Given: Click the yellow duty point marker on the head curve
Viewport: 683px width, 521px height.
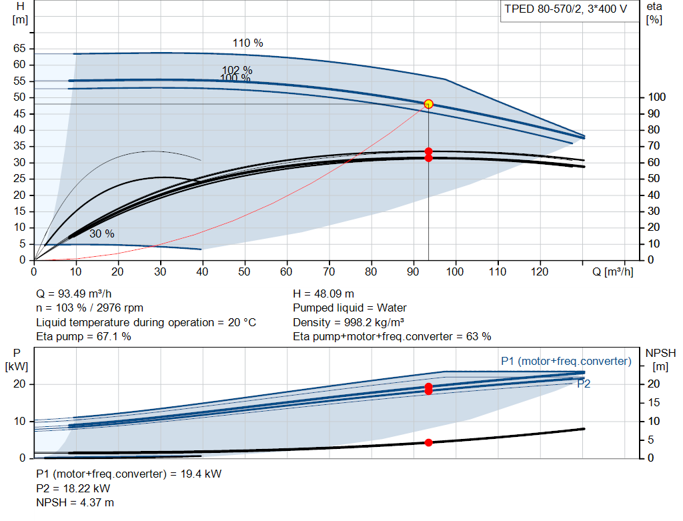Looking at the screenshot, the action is (x=429, y=104).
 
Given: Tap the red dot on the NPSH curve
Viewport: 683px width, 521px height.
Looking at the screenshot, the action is (x=429, y=442).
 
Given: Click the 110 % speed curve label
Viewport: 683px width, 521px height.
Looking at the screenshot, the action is (x=248, y=43).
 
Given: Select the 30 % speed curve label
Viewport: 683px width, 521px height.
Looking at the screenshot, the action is (x=102, y=234).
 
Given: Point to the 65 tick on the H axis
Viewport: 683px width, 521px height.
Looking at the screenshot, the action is (x=19, y=48).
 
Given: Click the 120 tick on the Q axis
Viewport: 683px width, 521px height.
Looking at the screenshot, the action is (x=540, y=272).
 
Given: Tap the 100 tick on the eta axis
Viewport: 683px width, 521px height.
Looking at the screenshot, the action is (x=657, y=97).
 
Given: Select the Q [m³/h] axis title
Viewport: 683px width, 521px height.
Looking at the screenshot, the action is (x=613, y=272).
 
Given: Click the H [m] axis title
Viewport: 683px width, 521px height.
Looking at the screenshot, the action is (x=20, y=13).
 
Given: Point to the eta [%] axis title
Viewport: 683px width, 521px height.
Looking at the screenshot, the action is (x=654, y=13).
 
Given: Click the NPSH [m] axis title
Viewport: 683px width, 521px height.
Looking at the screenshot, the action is (x=660, y=360).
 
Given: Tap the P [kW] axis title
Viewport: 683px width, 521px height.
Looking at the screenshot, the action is (x=17, y=360).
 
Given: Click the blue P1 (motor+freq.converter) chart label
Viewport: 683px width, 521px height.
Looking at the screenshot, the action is (x=566, y=361).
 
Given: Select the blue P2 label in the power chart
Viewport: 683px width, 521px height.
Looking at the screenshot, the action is (x=584, y=384).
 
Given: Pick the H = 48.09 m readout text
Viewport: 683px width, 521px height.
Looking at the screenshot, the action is (x=323, y=294).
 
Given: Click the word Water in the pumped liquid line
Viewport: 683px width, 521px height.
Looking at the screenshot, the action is (x=392, y=308).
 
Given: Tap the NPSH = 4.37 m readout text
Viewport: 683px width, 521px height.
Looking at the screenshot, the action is (x=75, y=503).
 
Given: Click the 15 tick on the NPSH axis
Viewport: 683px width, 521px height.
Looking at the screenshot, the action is (x=654, y=402).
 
